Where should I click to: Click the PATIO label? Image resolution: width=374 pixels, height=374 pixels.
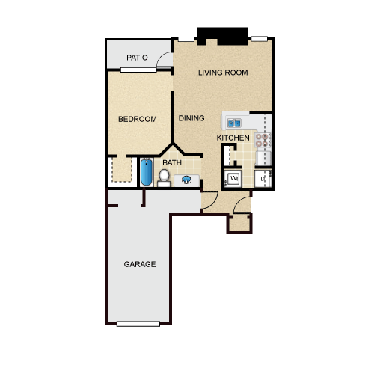(x=137, y=58)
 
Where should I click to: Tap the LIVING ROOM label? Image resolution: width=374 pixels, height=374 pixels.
(x=223, y=73)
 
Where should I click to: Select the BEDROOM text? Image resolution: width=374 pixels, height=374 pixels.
(x=138, y=119)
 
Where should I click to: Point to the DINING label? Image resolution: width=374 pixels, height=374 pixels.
(x=191, y=118)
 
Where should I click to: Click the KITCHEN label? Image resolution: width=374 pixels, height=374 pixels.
(x=233, y=138)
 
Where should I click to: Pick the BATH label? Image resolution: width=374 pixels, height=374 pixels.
(x=172, y=163)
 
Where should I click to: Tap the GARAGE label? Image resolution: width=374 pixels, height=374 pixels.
(x=140, y=264)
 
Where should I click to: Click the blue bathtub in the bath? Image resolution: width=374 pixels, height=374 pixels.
(x=147, y=172)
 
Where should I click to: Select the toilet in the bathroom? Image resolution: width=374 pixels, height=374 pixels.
(x=164, y=178)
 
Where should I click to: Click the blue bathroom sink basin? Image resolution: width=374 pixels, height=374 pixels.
(x=186, y=180)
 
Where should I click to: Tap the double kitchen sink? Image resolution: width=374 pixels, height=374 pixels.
(x=234, y=123)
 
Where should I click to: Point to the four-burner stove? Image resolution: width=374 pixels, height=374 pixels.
(x=263, y=140)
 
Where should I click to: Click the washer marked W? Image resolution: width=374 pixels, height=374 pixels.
(x=233, y=178)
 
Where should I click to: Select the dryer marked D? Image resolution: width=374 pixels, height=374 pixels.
(x=263, y=178)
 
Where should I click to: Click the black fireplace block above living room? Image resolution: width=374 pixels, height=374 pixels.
(x=222, y=36)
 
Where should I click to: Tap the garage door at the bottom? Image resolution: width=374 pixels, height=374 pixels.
(x=138, y=324)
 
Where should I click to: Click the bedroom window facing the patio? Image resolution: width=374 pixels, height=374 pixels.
(x=138, y=70)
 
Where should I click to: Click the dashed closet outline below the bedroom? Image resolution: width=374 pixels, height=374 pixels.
(x=122, y=169)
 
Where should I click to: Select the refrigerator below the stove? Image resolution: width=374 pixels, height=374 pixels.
(x=263, y=158)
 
